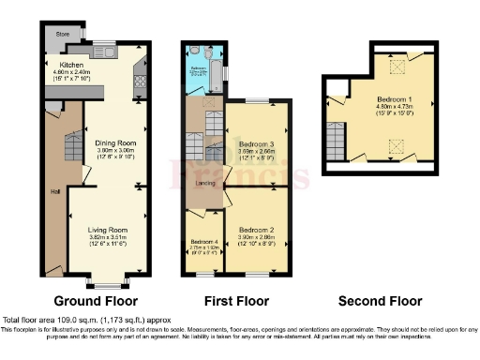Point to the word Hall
[x=55, y=193]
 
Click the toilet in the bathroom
[x=192, y=52]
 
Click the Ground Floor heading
[x=95, y=301]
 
